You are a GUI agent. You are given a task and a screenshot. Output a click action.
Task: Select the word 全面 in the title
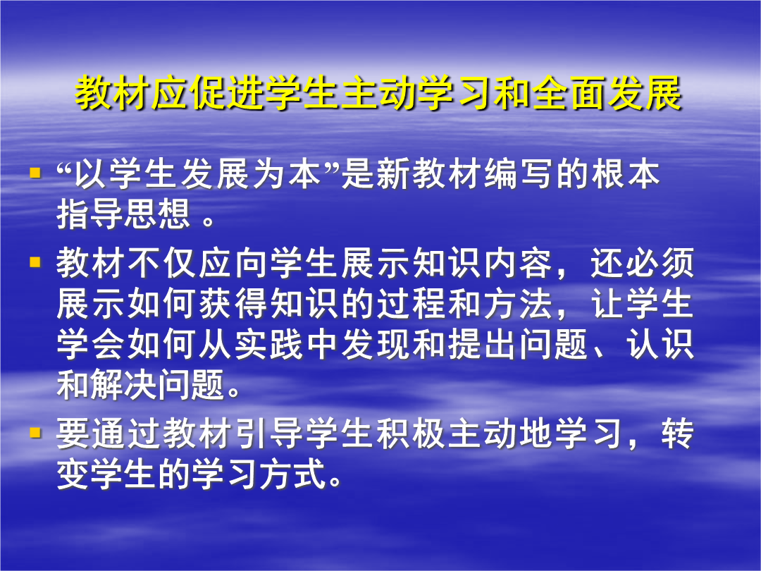[x=570, y=92]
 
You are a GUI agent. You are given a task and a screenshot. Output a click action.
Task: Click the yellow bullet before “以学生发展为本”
[x=35, y=173]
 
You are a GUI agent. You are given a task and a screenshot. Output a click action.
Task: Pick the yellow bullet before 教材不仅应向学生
[x=35, y=262]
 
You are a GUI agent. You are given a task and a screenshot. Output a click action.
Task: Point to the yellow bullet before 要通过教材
[x=35, y=432]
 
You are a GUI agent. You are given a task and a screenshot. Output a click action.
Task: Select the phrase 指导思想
[x=123, y=214]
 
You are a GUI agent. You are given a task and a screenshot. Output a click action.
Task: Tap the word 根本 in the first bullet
[x=625, y=174]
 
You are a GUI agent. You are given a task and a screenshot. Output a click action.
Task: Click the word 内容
[x=518, y=264]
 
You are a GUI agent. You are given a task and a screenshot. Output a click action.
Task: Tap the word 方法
[x=518, y=305]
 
